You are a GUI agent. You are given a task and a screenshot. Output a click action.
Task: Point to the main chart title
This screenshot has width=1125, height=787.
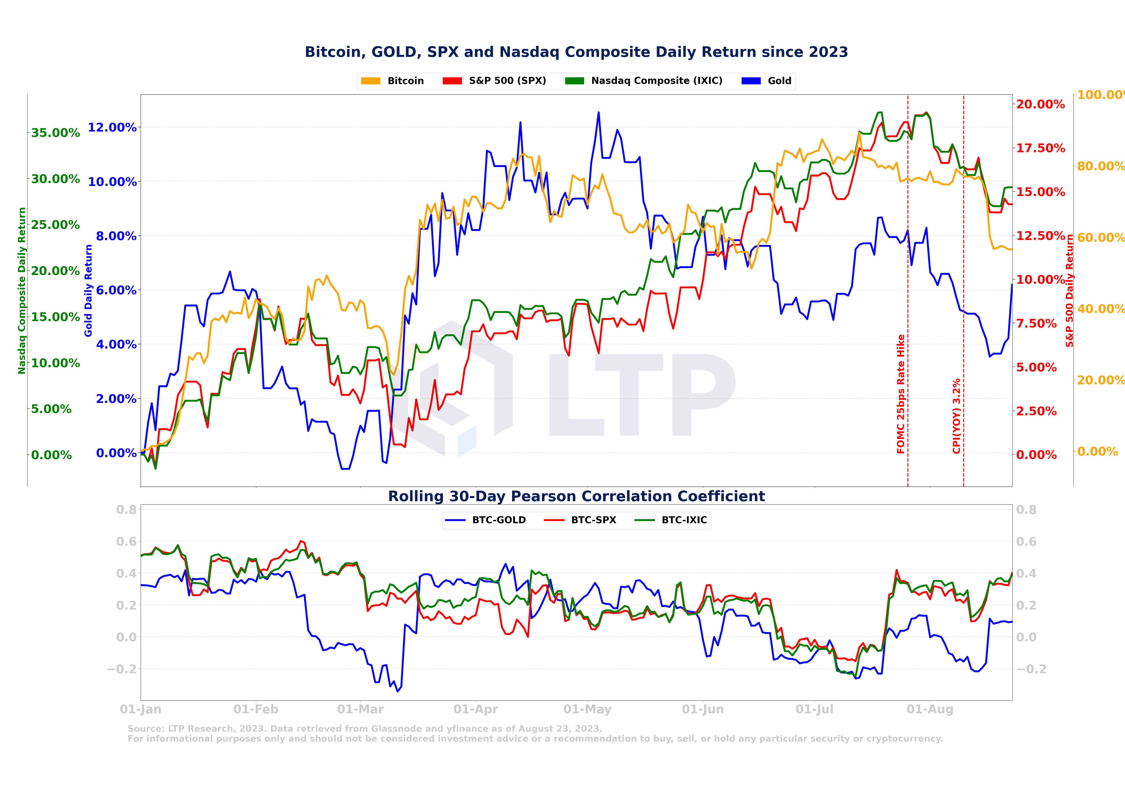pos(576,52)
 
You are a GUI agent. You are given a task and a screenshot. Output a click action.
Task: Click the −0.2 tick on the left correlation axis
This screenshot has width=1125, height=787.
pos(121,669)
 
